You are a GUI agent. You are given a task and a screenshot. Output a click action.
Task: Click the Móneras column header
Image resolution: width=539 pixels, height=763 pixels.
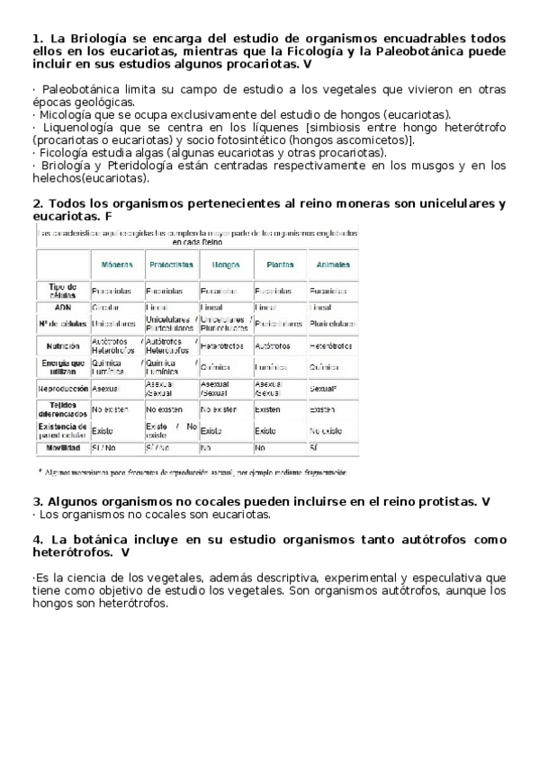[x=117, y=265]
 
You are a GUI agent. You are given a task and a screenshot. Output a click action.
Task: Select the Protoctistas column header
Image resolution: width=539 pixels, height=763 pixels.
[x=171, y=265]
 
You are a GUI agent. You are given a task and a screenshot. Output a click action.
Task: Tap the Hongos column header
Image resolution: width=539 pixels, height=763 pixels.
[x=225, y=265]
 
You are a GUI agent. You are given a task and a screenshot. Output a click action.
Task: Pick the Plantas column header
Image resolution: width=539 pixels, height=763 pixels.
[x=280, y=265]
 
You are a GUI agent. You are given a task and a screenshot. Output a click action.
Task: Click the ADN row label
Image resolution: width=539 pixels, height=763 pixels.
[x=62, y=307]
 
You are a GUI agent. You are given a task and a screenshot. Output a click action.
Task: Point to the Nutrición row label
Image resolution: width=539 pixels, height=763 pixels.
[x=63, y=346]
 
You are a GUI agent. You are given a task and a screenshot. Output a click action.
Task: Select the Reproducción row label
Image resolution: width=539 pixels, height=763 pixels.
[x=63, y=389]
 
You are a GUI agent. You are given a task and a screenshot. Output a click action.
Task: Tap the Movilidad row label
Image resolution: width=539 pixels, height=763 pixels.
[x=63, y=446]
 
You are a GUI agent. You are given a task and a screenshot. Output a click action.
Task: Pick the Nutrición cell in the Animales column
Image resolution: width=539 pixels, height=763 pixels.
[x=330, y=346]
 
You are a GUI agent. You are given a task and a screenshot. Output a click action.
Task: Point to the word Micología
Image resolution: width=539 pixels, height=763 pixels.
[x=66, y=115]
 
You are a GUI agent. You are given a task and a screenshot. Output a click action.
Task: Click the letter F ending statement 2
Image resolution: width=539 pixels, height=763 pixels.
[x=108, y=217]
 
